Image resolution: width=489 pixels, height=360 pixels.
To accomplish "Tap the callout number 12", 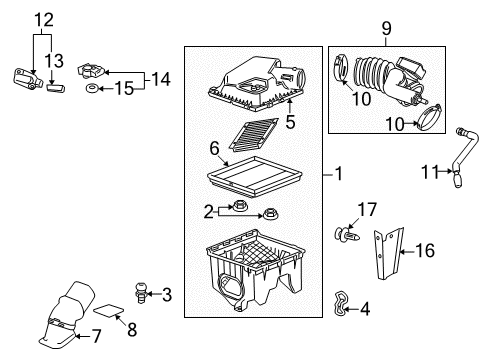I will [41, 18].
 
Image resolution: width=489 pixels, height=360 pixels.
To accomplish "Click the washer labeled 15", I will [92, 91].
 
